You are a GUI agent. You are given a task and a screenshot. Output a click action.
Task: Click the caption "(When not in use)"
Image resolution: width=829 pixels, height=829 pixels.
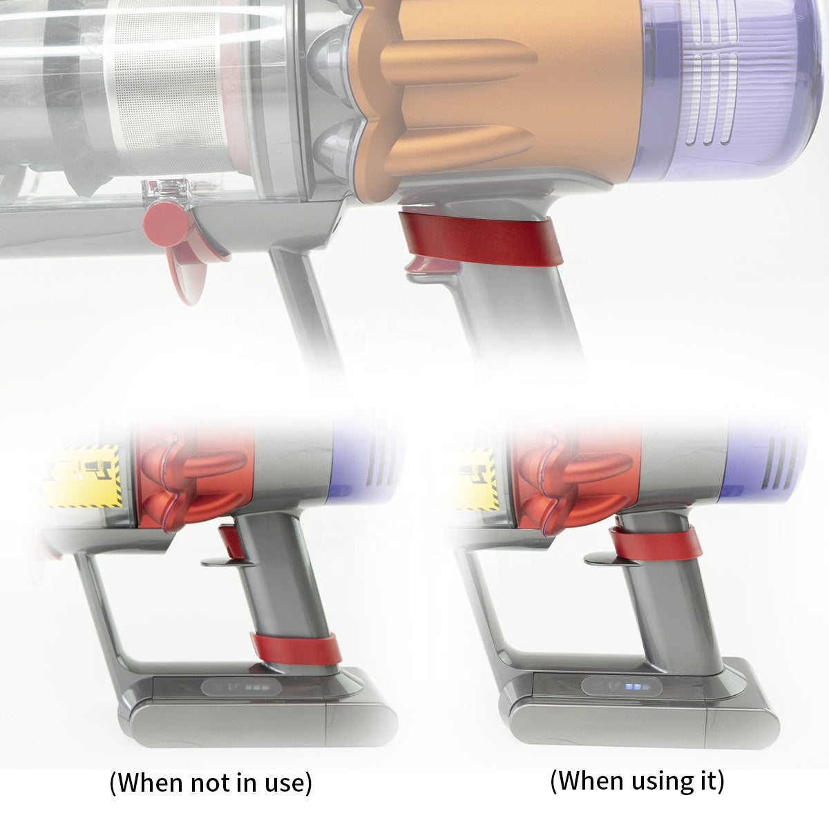point(211,783)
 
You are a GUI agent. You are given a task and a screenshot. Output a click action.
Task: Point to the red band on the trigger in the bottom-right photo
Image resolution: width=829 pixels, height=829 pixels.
point(656,543)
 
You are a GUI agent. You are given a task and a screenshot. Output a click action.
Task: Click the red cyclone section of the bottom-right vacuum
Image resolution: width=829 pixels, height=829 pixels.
point(560,470)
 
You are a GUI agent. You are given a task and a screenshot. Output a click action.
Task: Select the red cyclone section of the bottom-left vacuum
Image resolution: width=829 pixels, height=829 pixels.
point(183,470)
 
